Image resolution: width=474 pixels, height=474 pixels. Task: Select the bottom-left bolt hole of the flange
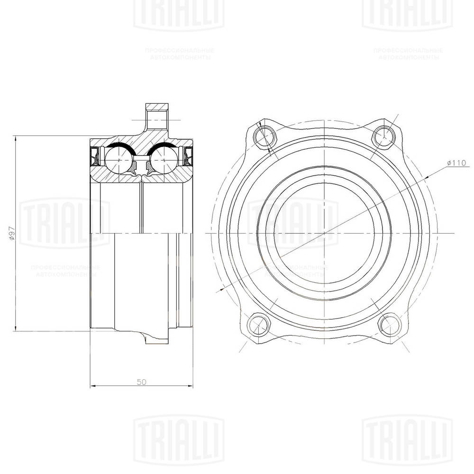click(258, 325)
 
